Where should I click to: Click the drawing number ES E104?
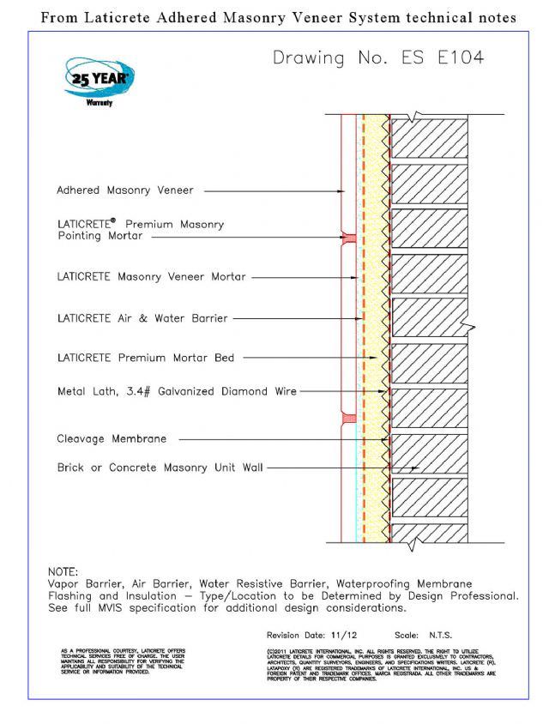tap(378, 58)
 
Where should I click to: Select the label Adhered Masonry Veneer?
tap(125, 190)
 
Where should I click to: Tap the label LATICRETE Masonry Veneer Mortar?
tap(151, 277)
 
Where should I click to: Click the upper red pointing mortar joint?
tap(348, 238)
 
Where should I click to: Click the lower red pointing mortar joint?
tap(348, 419)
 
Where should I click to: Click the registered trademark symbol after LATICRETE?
tap(114, 220)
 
